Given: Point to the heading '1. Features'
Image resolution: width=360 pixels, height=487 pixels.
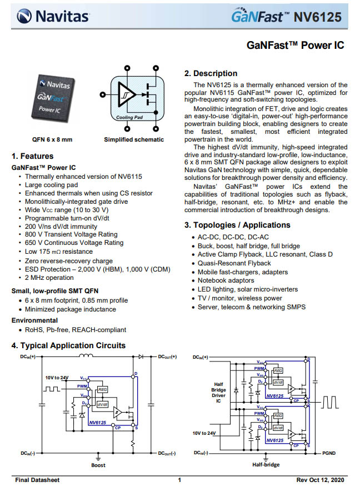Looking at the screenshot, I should [33, 156].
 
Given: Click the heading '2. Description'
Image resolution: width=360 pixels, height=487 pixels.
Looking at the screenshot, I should [211, 73].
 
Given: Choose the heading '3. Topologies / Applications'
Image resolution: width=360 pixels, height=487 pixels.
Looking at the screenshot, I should [237, 225].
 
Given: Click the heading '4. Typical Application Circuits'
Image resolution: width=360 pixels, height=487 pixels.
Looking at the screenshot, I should [69, 345].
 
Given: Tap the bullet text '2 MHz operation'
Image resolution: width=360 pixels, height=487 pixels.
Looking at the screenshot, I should [49, 277].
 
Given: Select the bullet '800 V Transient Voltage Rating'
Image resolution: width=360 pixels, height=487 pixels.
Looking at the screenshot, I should [71, 234].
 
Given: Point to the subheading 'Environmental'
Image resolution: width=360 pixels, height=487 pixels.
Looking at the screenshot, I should [34, 320].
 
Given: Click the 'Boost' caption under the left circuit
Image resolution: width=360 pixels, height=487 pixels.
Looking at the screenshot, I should [98, 465].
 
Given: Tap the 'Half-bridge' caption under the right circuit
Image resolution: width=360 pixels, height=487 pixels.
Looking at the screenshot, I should [266, 465].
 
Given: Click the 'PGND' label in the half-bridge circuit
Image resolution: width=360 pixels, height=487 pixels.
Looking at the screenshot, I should [329, 453].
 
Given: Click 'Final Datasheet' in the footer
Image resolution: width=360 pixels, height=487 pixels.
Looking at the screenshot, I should [37, 480].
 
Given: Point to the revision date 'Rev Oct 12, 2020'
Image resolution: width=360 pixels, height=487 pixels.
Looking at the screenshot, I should [320, 480].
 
